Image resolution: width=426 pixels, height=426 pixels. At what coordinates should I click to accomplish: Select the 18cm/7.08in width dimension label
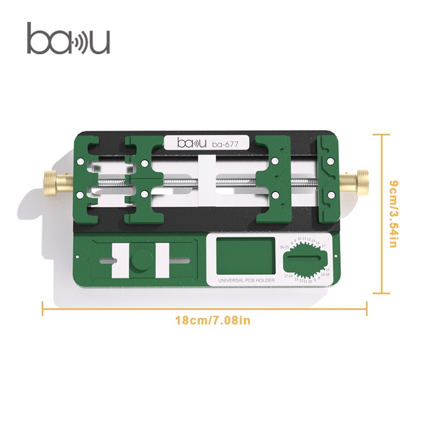coord(212,321)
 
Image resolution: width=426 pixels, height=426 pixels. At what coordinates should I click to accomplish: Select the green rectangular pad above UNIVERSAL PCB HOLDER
coord(241,256)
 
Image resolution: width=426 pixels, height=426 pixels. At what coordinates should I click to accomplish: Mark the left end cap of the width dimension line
coord(43,308)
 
